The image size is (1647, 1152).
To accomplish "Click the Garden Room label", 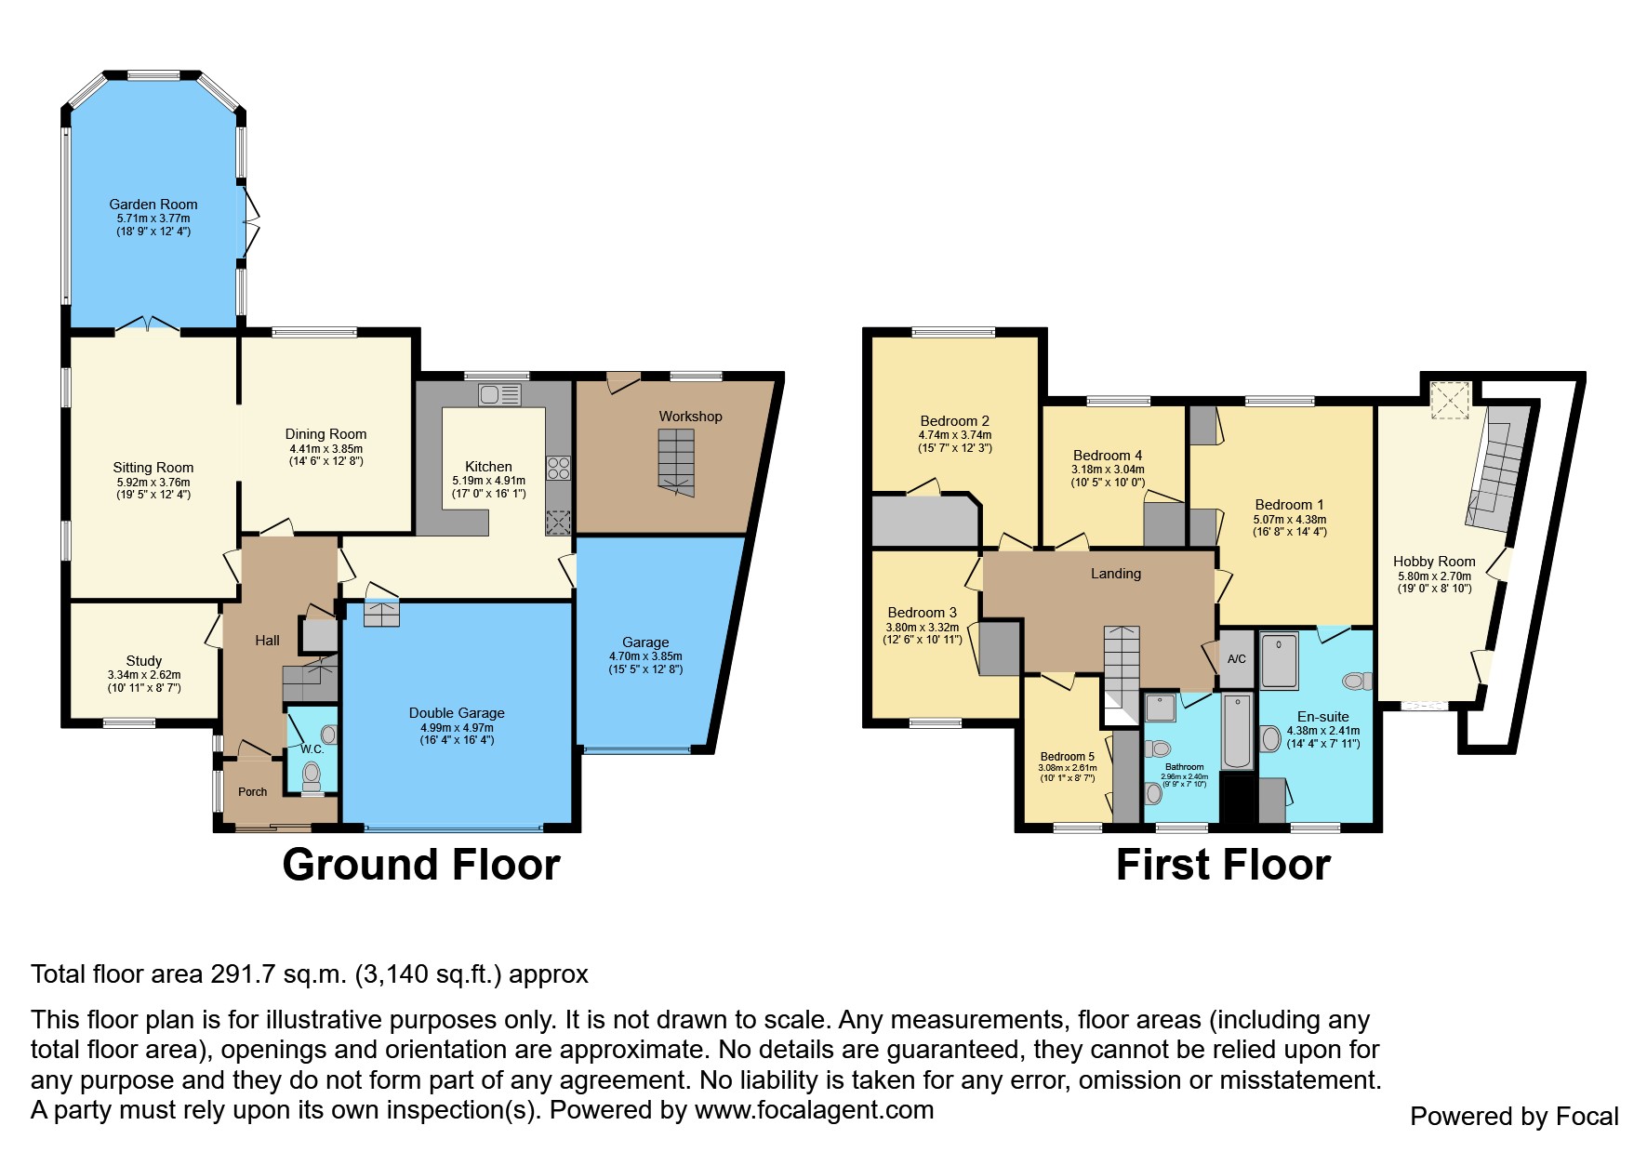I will (x=153, y=205).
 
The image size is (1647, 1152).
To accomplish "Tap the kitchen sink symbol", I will (x=499, y=394).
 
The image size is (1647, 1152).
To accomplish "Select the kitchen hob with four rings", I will (x=558, y=467).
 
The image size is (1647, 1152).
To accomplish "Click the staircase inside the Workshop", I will (x=676, y=463).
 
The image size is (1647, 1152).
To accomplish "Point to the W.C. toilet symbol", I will (x=312, y=774).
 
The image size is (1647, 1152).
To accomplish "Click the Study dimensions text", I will (x=144, y=682).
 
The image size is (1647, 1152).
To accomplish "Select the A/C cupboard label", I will (x=1236, y=659).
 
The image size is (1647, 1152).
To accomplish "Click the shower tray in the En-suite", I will (x=1279, y=661).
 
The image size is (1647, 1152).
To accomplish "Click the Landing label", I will (x=1115, y=574).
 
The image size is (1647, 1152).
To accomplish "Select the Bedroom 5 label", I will (x=1067, y=757).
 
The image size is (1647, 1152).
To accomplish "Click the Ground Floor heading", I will (x=420, y=865).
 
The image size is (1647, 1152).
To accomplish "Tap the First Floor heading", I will (x=1223, y=865).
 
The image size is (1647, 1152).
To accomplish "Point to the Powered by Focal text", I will (x=1514, y=1117).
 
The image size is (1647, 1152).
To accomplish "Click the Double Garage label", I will (x=457, y=713).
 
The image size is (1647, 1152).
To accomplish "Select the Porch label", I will (x=252, y=792).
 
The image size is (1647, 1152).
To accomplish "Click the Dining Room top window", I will (x=314, y=332).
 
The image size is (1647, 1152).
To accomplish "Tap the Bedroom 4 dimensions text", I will (x=1107, y=476).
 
